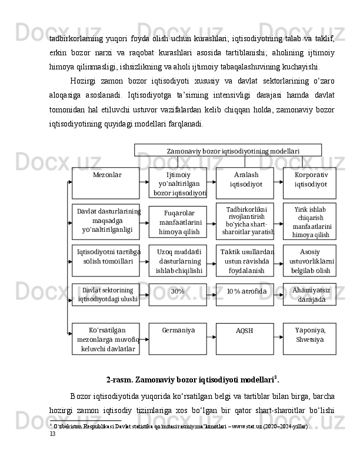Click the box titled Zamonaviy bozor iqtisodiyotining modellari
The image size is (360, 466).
click(228, 150)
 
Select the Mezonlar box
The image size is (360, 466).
click(106, 182)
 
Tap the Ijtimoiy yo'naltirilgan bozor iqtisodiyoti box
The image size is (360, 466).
click(178, 183)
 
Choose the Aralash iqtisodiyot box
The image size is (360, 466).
click(245, 182)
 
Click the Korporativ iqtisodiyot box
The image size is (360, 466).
click(309, 182)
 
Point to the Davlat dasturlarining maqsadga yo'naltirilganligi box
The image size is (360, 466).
click(106, 220)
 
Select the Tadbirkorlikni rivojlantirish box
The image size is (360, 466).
click(245, 219)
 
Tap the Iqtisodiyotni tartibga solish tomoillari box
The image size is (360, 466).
click(106, 260)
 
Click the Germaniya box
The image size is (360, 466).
click(178, 338)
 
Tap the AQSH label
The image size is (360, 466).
click(245, 338)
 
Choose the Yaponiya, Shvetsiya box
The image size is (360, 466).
click(309, 338)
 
